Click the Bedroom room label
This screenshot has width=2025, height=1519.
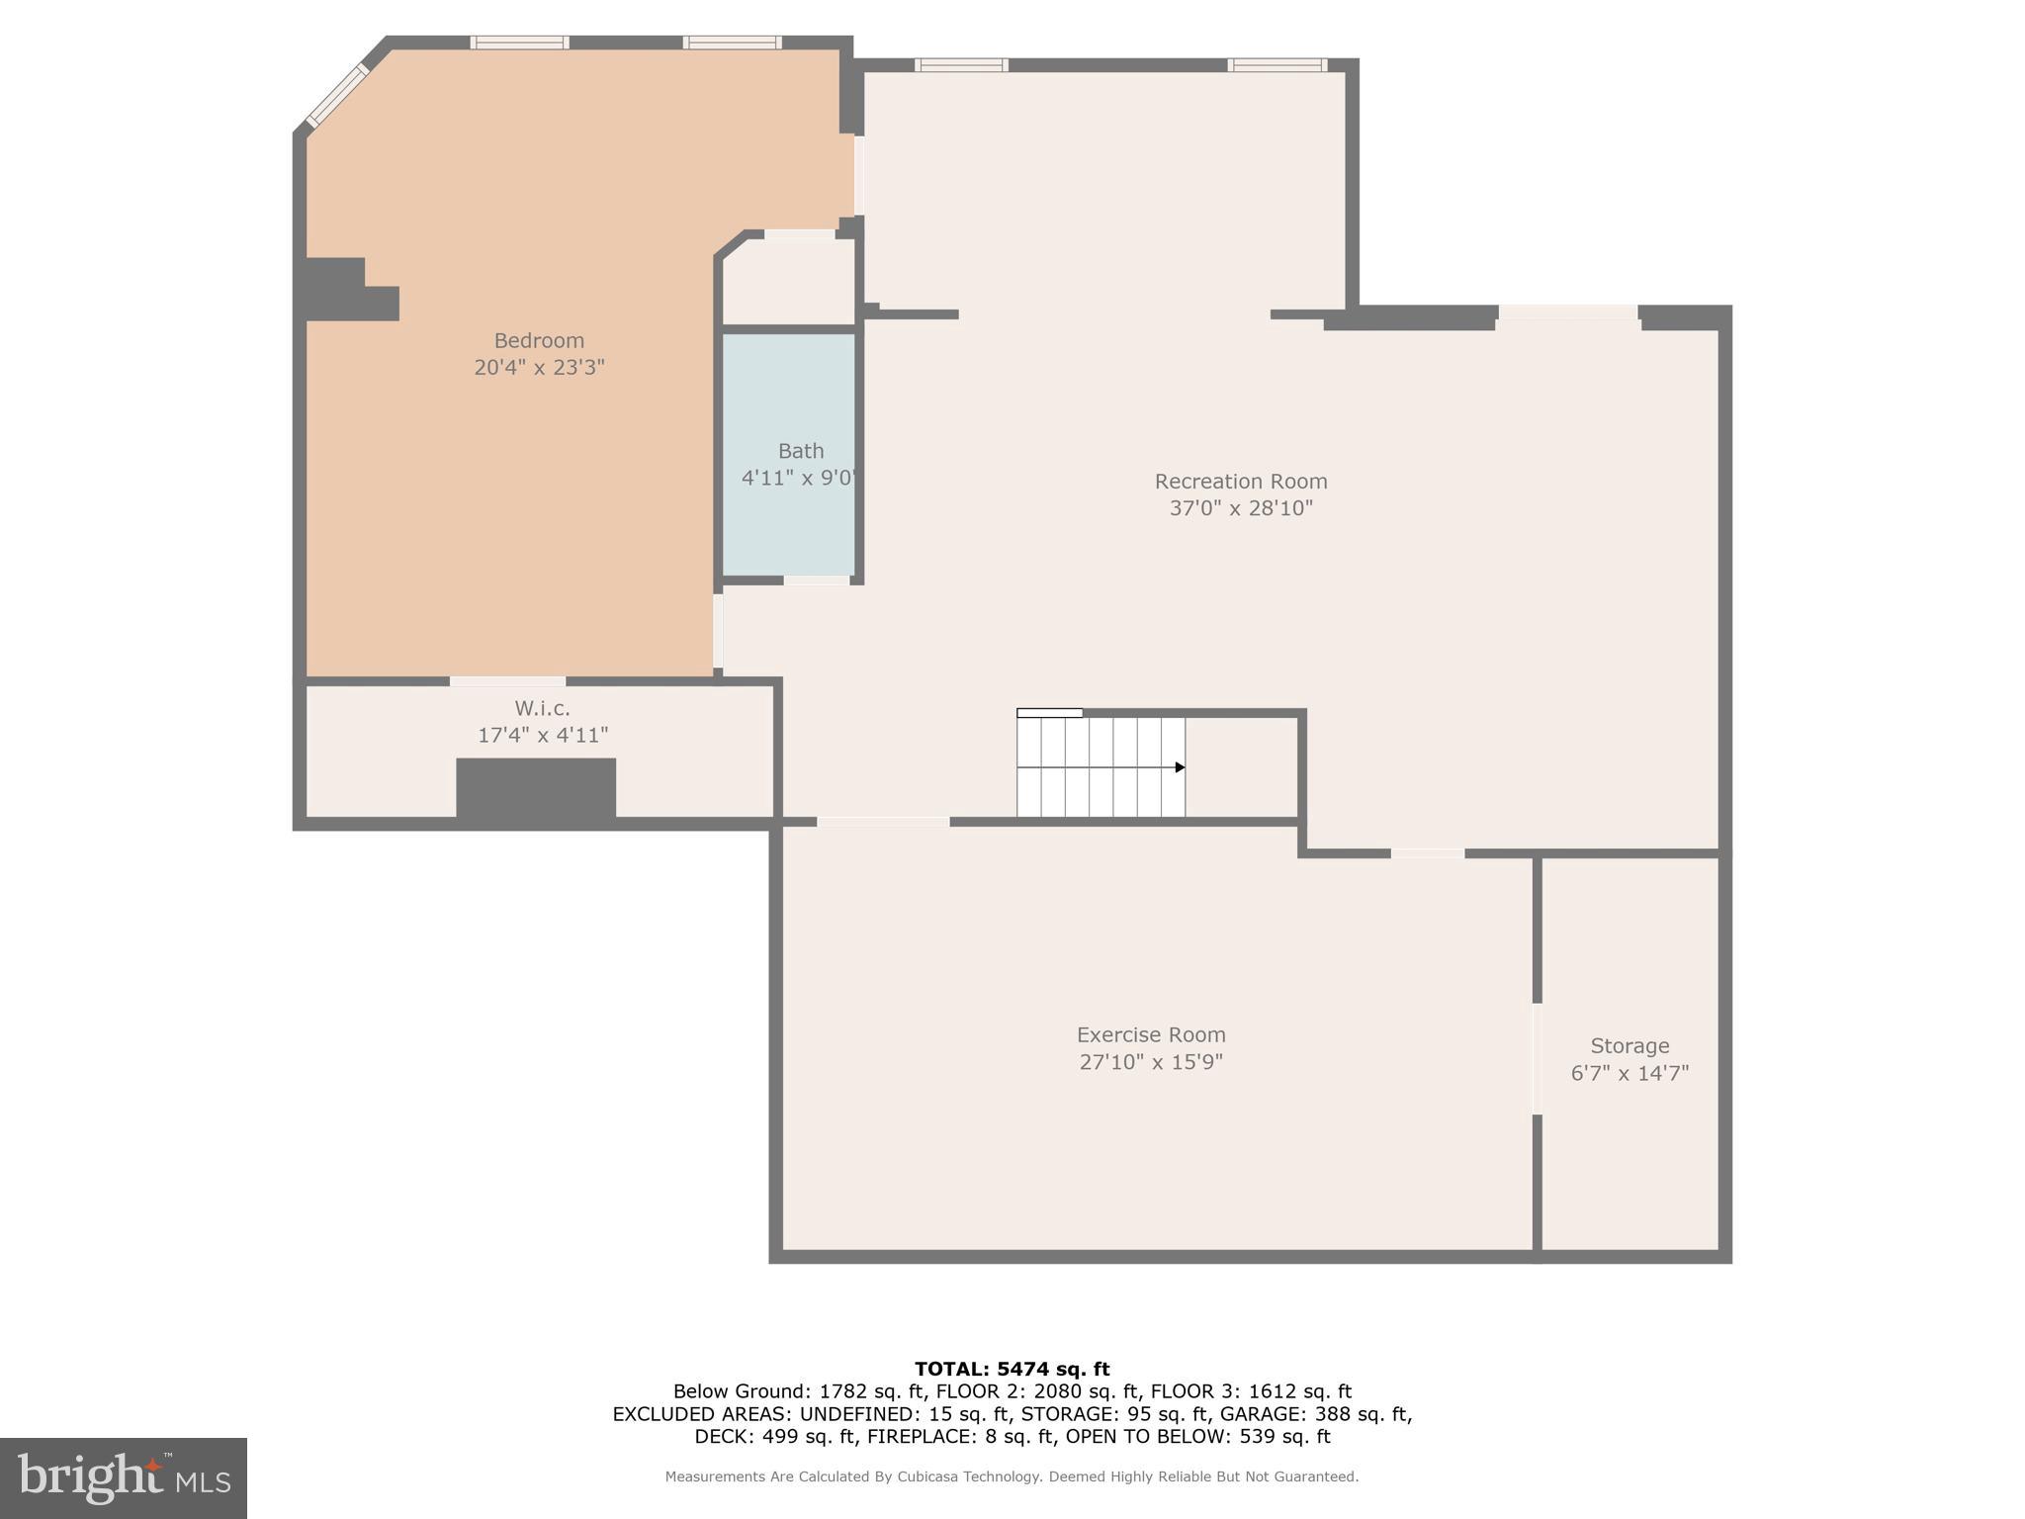pos(539,341)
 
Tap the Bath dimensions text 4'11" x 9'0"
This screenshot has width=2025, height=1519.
pos(799,478)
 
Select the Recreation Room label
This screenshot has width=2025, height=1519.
pos(1240,482)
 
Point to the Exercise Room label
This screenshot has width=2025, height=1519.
pos(1150,1035)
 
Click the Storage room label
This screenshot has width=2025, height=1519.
pos(1629,1046)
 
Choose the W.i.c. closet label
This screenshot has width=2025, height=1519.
pos(542,709)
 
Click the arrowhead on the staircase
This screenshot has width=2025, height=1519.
pos(1179,767)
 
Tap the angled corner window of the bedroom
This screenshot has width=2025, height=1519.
pos(337,96)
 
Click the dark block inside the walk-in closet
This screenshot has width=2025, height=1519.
pos(536,787)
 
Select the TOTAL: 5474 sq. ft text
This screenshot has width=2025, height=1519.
pos(1012,1369)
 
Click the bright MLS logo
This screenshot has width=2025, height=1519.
pos(124,1478)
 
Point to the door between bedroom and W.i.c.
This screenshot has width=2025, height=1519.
pos(507,681)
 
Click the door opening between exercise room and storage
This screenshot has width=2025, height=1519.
pos(1537,1058)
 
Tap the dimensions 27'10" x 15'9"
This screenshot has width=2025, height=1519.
pos(1150,1062)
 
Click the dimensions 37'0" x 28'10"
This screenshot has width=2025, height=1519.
pos(1240,508)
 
